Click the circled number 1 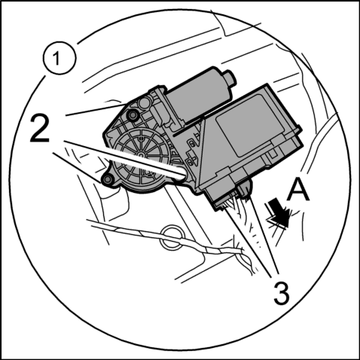click(x=59, y=59)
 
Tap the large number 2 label click(x=40, y=129)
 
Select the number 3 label click(x=281, y=293)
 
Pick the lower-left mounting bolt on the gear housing click(x=107, y=179)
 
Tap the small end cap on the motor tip click(x=230, y=78)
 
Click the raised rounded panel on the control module click(x=249, y=126)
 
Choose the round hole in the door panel click(x=172, y=237)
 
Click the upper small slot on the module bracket click(x=191, y=144)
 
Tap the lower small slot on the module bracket click(x=190, y=161)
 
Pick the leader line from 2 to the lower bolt click(x=78, y=167)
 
